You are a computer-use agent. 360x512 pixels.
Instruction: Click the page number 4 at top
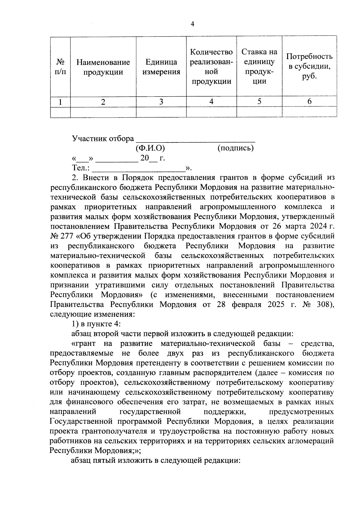(x=192, y=24)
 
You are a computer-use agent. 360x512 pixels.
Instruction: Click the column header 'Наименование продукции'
(x=103, y=67)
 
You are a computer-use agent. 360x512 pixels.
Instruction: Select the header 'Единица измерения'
(x=161, y=67)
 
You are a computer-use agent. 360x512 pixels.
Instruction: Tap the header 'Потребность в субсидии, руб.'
(x=309, y=66)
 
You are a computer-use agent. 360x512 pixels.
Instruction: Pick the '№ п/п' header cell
(x=60, y=67)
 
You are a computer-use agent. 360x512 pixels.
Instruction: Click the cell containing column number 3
(x=161, y=102)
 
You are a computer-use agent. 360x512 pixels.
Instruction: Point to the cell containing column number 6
(x=309, y=102)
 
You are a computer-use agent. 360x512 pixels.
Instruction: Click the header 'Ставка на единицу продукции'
(x=259, y=67)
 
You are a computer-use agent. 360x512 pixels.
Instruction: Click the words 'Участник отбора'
(x=103, y=139)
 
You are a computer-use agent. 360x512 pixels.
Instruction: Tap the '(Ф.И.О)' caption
(x=150, y=148)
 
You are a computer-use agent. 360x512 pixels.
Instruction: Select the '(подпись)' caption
(x=235, y=148)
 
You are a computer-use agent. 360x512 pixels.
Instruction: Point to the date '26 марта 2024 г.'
(x=303, y=226)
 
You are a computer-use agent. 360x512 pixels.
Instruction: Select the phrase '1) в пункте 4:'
(x=96, y=324)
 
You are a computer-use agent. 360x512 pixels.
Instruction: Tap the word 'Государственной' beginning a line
(x=80, y=421)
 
